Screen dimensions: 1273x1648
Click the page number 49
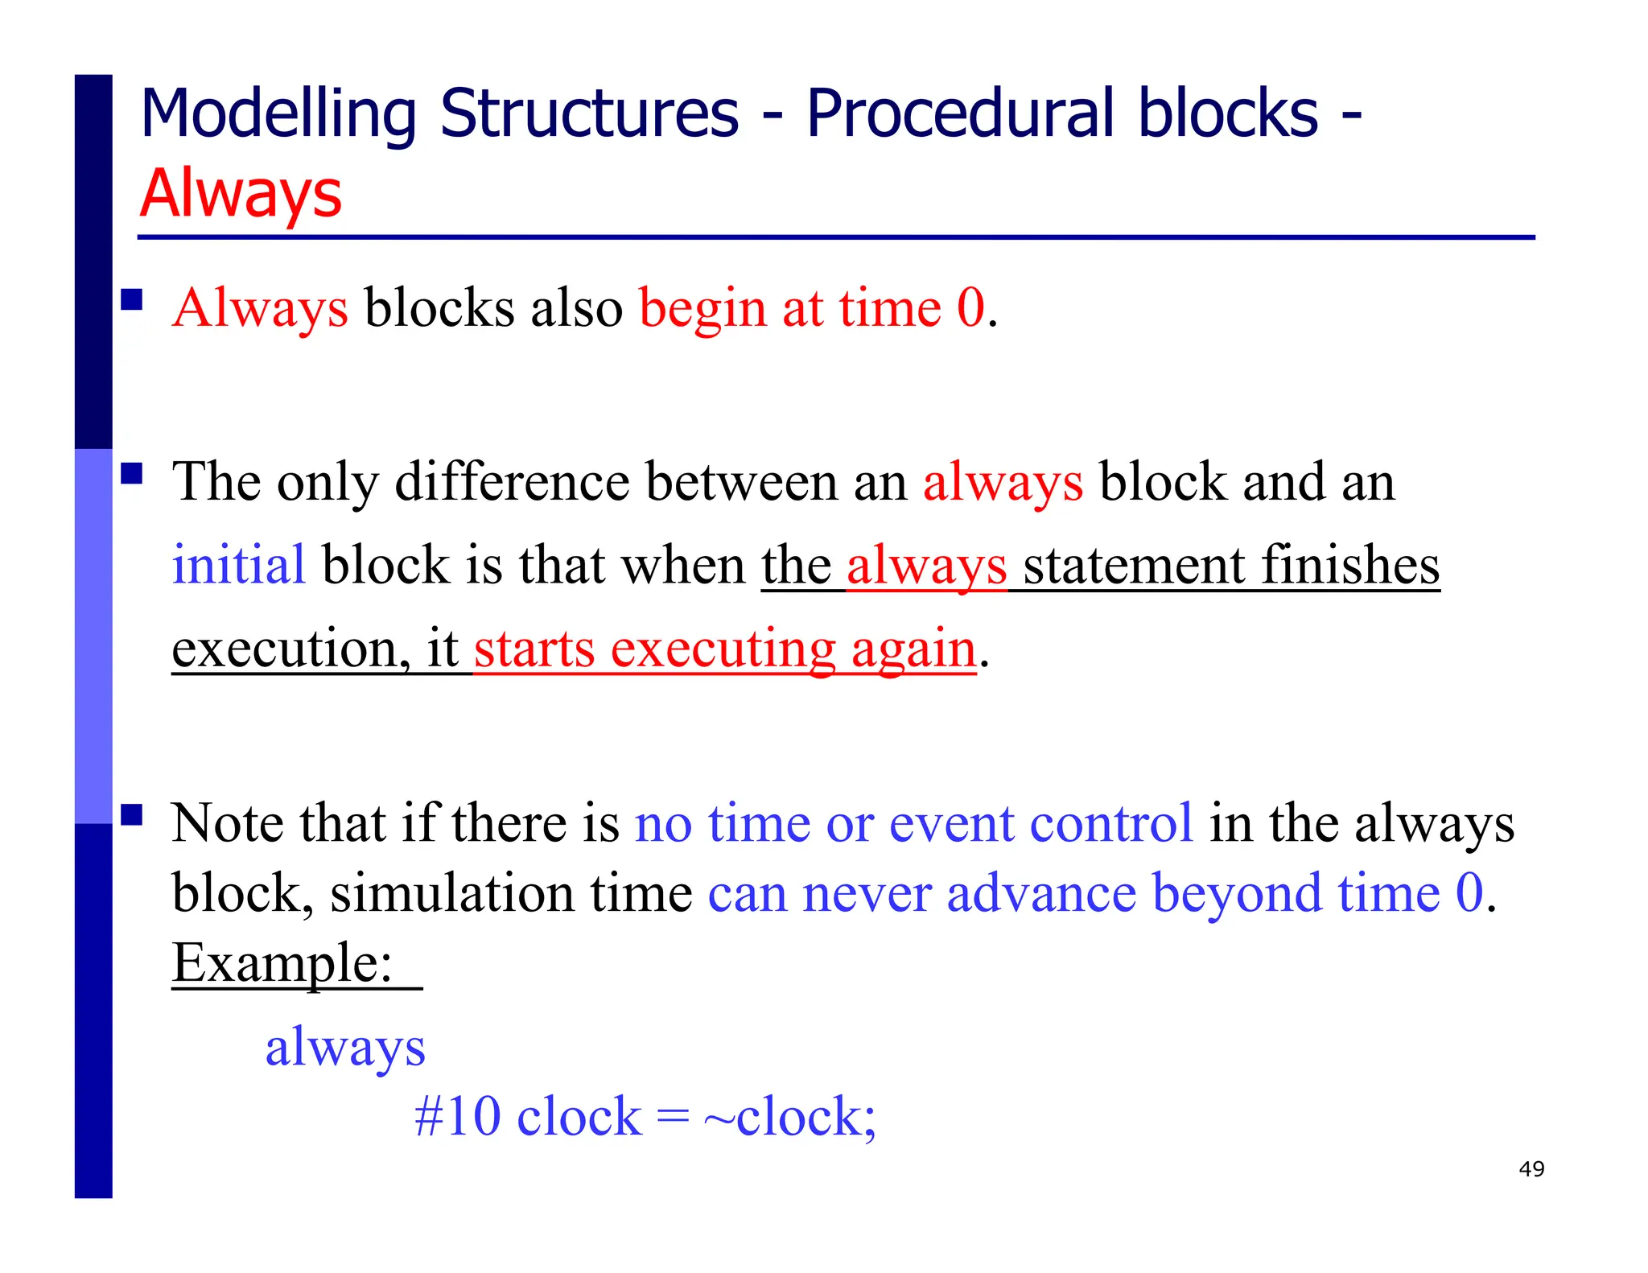(x=1531, y=1168)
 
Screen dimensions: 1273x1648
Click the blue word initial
(x=238, y=565)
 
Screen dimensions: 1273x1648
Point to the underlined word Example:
(x=282, y=962)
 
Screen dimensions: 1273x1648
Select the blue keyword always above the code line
(x=345, y=1048)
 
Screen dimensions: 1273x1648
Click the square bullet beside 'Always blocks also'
(x=132, y=300)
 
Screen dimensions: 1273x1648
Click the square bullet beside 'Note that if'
(x=132, y=815)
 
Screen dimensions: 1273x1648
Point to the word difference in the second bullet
(x=512, y=482)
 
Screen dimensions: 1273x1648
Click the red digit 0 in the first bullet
(x=970, y=308)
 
